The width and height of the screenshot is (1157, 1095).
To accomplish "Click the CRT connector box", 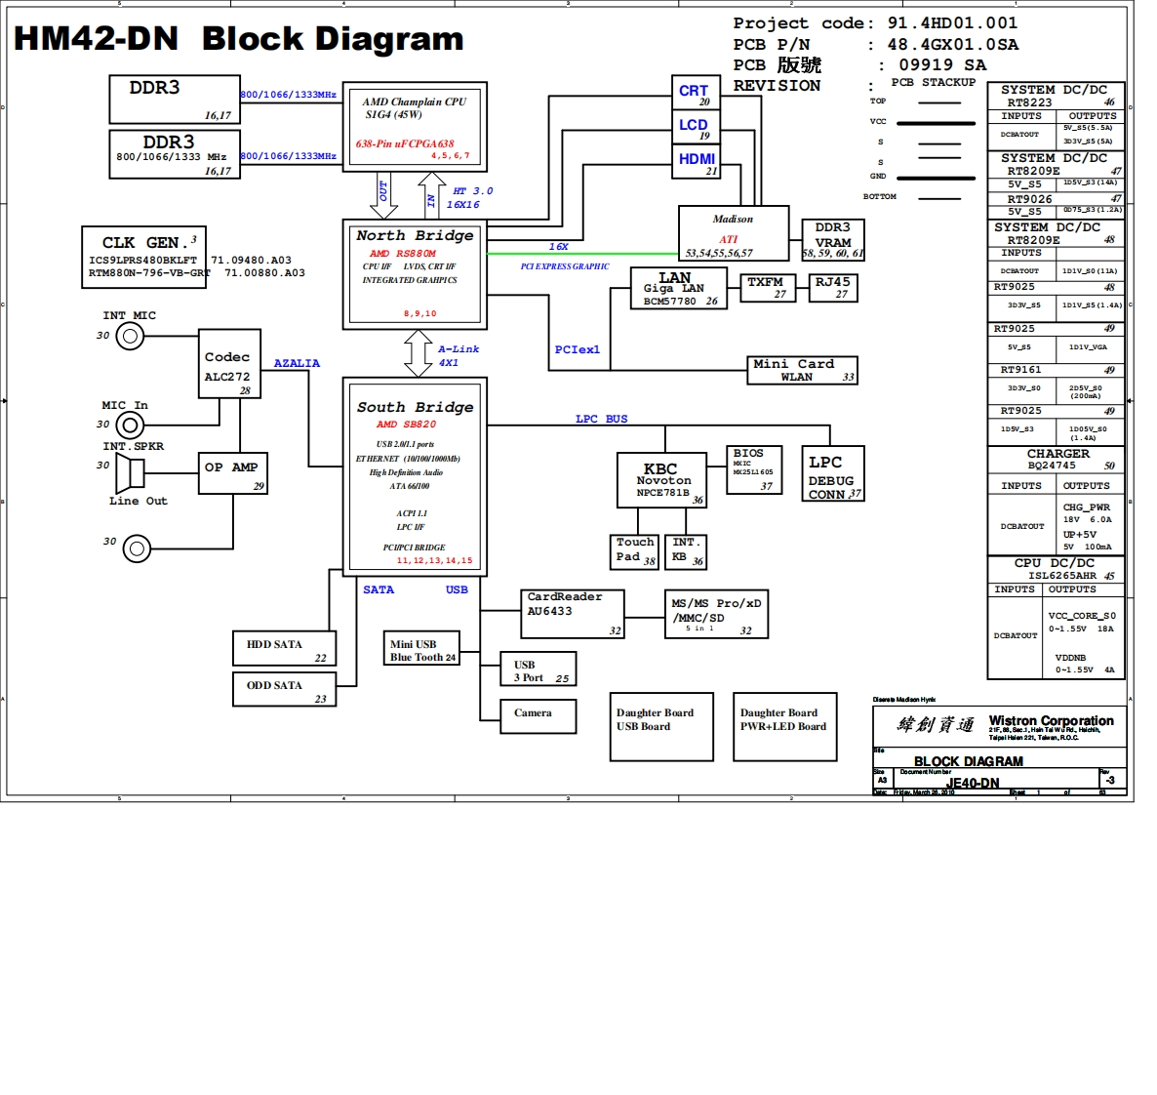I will [696, 93].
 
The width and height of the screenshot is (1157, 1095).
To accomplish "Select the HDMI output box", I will [697, 162].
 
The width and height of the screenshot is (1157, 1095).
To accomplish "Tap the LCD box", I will [696, 127].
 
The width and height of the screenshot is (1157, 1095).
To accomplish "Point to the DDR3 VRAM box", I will [832, 240].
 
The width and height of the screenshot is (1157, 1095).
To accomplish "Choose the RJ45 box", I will [833, 287].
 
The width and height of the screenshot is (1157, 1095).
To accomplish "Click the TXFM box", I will [767, 287].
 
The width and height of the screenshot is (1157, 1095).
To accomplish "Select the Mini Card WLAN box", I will [802, 370].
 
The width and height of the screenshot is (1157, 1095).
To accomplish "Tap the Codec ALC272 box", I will [227, 367].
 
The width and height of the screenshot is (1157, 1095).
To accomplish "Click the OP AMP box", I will [232, 472].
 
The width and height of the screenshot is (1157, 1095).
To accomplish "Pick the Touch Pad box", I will [635, 550].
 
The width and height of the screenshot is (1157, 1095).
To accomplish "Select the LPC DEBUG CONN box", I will [832, 477].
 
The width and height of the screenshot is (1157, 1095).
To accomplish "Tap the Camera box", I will [538, 715].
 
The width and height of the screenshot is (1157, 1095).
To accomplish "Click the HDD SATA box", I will [284, 648].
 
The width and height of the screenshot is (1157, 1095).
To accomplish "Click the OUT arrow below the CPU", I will [382, 195].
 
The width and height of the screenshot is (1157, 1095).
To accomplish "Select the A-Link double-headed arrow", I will [419, 353].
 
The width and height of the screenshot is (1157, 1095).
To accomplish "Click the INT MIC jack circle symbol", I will [130, 337].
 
